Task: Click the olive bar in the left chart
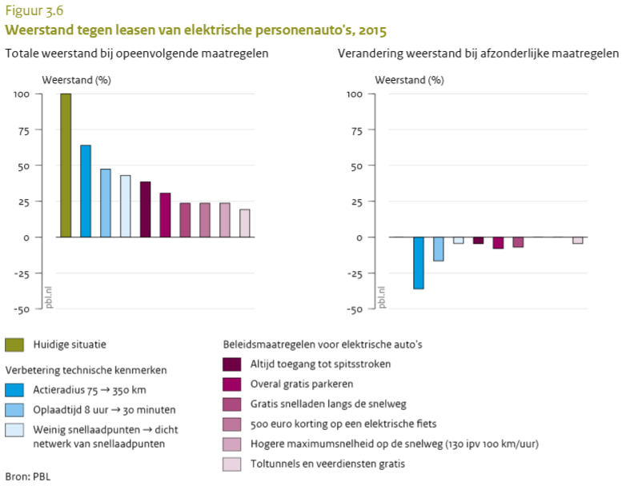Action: tap(66, 165)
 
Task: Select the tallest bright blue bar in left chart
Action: tap(86, 191)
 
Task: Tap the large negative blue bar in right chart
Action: tap(418, 263)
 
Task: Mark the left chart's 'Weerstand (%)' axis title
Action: tap(76, 80)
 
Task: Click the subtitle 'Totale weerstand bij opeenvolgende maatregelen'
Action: tap(136, 54)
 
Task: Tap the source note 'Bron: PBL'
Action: tap(27, 476)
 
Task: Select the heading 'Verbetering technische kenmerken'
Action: tap(86, 371)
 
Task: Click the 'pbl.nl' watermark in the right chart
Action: tap(382, 297)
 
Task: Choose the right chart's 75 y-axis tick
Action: tap(358, 129)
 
